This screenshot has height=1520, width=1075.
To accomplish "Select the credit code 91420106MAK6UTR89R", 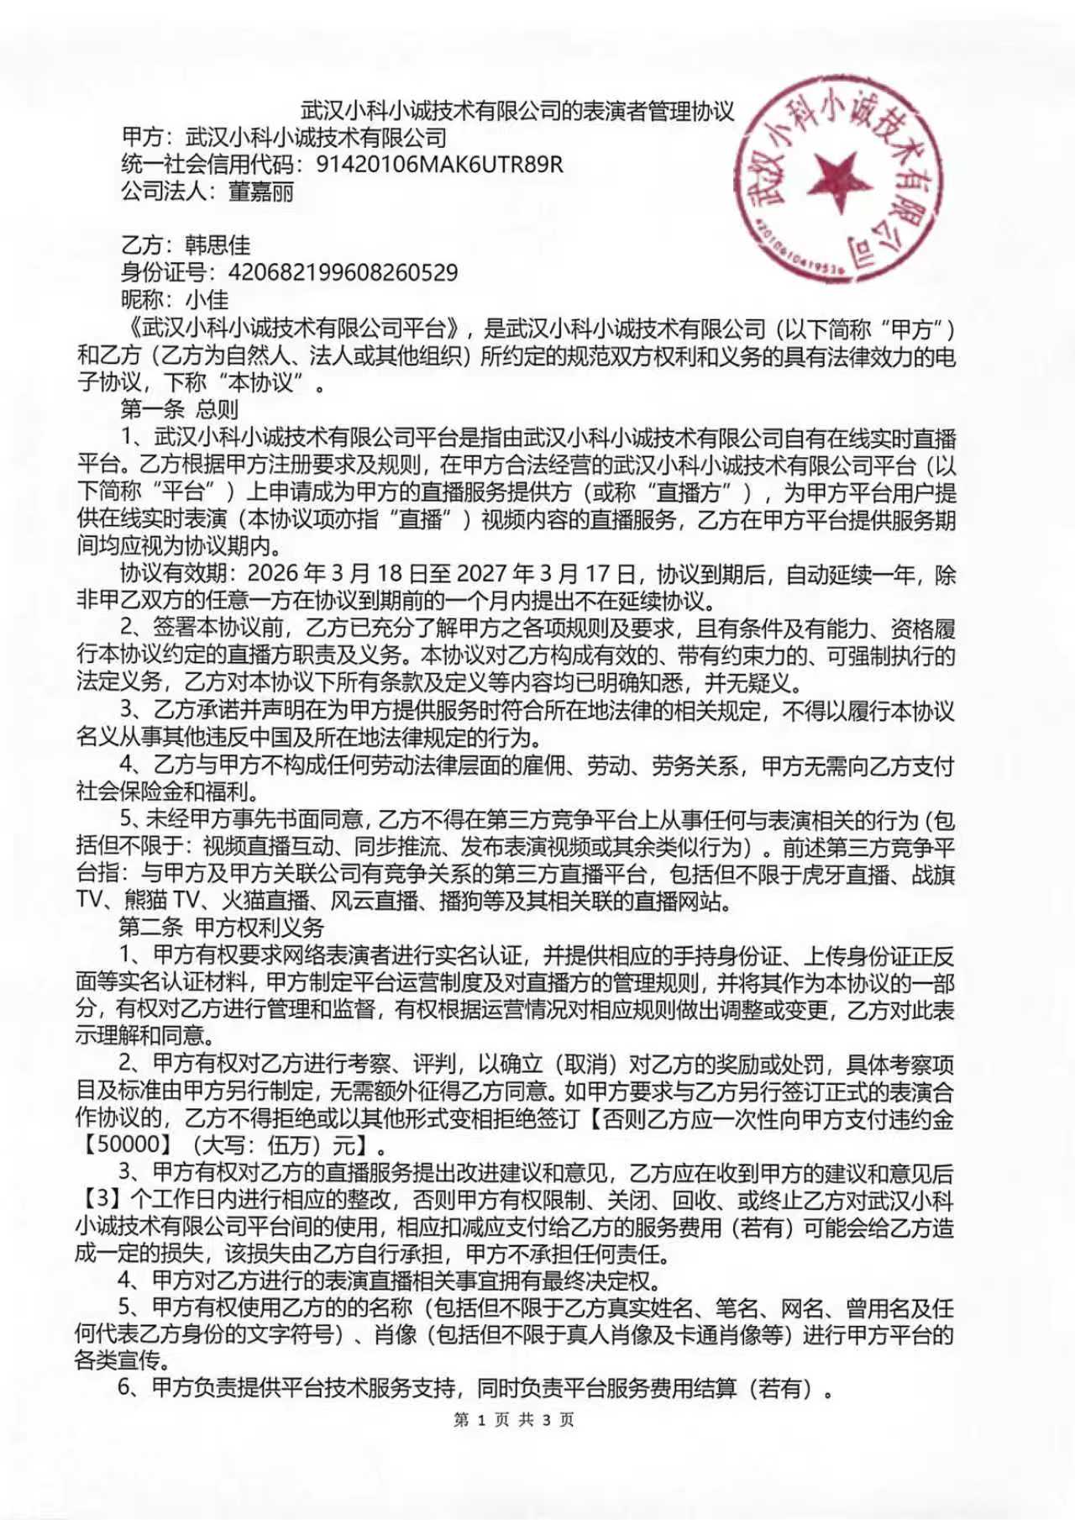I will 439,164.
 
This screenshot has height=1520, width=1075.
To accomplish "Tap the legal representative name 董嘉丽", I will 261,192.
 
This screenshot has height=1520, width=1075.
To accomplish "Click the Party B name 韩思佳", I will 218,245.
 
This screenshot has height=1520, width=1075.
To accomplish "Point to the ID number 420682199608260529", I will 343,272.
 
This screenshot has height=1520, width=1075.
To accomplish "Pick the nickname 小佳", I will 207,299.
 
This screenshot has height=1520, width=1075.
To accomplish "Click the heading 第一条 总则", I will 179,409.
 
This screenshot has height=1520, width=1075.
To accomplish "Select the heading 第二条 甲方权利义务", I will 221,928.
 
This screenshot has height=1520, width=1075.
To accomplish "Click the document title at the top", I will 517,111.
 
